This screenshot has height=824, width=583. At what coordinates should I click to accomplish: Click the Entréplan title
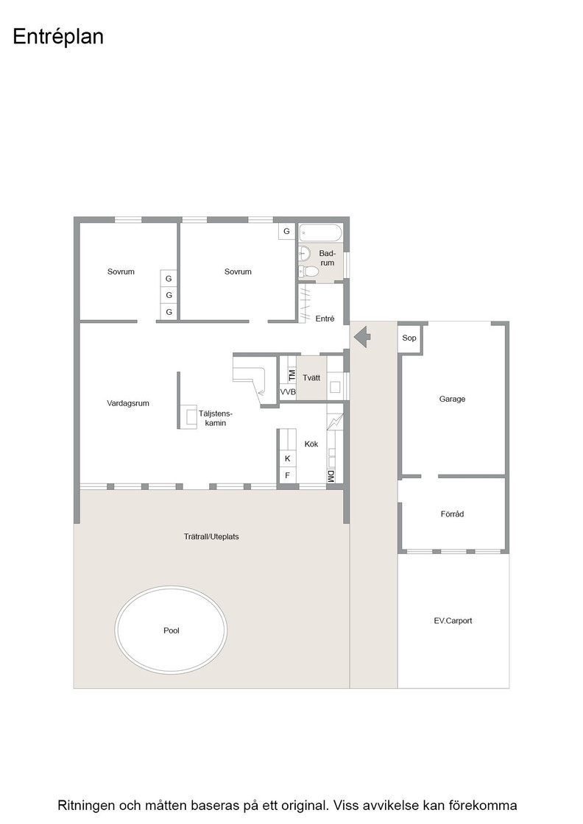tap(58, 37)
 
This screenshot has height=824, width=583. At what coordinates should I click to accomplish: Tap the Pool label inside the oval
tap(172, 631)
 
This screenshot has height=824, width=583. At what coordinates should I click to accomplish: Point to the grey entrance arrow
tap(362, 336)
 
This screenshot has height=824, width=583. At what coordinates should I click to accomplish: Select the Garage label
tap(452, 399)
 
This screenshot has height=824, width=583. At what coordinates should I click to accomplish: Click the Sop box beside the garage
tap(409, 338)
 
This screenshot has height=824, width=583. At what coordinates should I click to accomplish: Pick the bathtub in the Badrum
tap(321, 232)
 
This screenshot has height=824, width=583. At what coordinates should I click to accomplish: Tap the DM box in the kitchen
tap(331, 476)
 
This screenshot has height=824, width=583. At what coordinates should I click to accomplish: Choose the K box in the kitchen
tap(288, 459)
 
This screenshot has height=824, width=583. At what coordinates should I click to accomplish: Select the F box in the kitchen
tap(288, 475)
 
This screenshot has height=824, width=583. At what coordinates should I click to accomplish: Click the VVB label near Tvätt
tap(288, 392)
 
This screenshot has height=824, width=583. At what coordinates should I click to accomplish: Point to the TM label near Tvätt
tap(291, 375)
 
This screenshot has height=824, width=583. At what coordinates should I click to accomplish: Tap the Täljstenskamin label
tap(216, 418)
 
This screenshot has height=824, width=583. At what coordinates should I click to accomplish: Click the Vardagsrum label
tap(128, 404)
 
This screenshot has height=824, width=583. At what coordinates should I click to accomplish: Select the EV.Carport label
tap(453, 621)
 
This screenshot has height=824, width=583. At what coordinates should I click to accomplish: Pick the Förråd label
tap(452, 514)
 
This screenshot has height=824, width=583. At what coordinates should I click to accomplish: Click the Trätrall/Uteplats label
tap(211, 536)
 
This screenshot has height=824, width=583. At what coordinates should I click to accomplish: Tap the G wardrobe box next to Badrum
tap(286, 231)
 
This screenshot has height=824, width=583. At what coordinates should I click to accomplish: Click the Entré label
tap(325, 319)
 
